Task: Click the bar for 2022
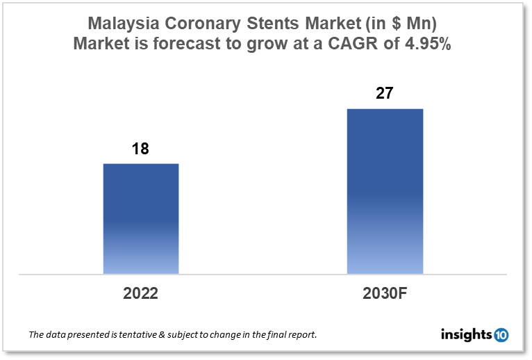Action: click(141, 219)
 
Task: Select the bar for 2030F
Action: click(385, 191)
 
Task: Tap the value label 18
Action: click(141, 149)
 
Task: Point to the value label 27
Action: click(385, 94)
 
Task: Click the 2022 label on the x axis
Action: click(141, 293)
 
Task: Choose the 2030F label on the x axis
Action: click(385, 293)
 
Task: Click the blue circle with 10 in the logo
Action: click(501, 335)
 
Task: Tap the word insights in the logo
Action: click(466, 335)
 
